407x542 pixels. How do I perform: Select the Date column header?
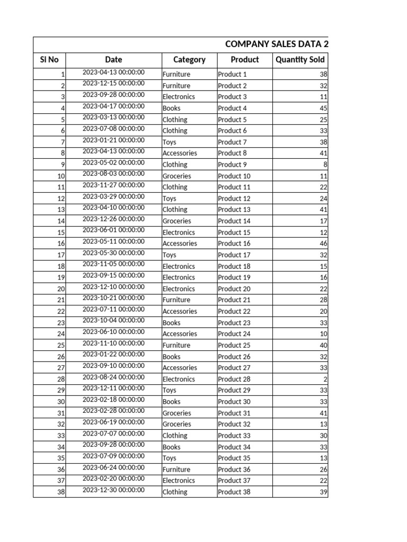pyautogui.click(x=113, y=60)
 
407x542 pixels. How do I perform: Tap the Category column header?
pyautogui.click(x=189, y=60)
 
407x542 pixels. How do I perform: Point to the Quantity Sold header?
pyautogui.click(x=300, y=60)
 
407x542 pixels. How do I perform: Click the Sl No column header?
pyautogui.click(x=49, y=60)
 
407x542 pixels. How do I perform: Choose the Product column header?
pyautogui.click(x=245, y=60)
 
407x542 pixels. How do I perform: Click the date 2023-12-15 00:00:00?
pyautogui.click(x=113, y=83)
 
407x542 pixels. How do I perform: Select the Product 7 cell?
pyautogui.click(x=232, y=142)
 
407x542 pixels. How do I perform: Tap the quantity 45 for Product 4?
pyautogui.click(x=323, y=108)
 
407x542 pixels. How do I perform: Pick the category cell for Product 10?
pyautogui.click(x=177, y=176)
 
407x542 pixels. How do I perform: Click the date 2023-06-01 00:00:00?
pyautogui.click(x=113, y=230)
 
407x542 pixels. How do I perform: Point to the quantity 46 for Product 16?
pyautogui.click(x=323, y=243)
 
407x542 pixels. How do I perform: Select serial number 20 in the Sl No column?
pyautogui.click(x=60, y=289)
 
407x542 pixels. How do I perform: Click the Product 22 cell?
pyautogui.click(x=234, y=311)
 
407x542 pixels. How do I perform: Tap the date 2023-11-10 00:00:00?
pyautogui.click(x=113, y=343)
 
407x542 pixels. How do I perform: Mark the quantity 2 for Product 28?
pyautogui.click(x=325, y=379)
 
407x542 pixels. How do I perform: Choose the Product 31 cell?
pyautogui.click(x=234, y=413)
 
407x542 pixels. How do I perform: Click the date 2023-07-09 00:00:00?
pyautogui.click(x=113, y=456)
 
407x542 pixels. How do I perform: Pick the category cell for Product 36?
pyautogui.click(x=176, y=469)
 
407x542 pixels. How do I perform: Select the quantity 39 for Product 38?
pyautogui.click(x=323, y=492)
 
